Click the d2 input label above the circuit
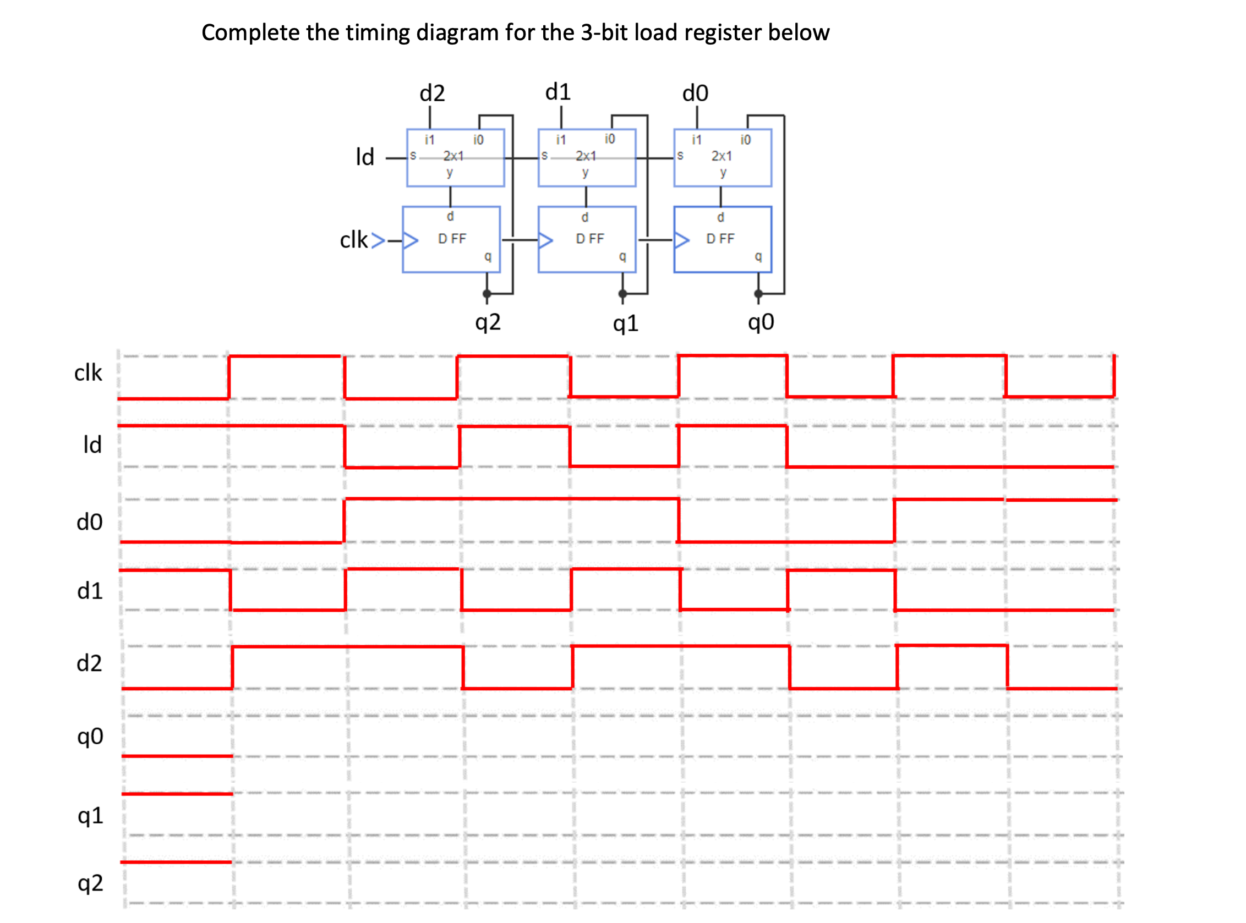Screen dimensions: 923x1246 tap(432, 93)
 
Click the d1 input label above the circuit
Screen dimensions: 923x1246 tap(558, 92)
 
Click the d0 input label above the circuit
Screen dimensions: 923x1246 tap(695, 93)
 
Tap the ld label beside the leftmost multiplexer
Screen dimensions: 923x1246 tap(365, 157)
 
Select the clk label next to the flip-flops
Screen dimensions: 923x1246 tap(354, 240)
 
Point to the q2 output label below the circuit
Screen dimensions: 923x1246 tap(488, 322)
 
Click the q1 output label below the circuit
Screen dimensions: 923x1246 tap(625, 323)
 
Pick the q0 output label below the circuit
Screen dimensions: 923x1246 tap(761, 322)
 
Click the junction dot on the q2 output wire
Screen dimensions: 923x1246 tap(487, 293)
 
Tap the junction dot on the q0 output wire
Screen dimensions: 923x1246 tap(758, 293)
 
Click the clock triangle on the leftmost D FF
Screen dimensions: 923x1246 tap(411, 240)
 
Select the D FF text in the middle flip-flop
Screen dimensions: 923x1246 tap(590, 239)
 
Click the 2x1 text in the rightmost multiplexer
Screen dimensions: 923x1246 tap(721, 156)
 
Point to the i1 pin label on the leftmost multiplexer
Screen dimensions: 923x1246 tap(429, 140)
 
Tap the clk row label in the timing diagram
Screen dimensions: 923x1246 tap(88, 372)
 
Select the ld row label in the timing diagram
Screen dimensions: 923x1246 tap(92, 445)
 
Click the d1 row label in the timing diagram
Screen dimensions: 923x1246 tap(90, 591)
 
